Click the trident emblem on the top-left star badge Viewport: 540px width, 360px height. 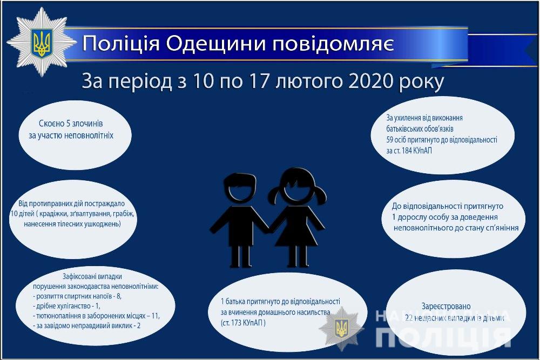pos(42,42)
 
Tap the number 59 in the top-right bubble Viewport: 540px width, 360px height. pos(390,140)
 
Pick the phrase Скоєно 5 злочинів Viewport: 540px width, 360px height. pos(71,124)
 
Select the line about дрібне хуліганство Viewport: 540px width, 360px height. pos(66,306)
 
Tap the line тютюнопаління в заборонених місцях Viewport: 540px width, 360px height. pos(96,316)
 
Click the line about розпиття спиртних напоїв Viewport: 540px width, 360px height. pos(77,296)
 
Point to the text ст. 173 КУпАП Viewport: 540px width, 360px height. pos(243,323)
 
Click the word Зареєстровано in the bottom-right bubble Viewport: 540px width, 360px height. pos(446,307)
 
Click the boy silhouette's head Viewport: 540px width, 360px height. pos(240,188)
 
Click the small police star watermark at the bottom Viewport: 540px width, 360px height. pos(342,329)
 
